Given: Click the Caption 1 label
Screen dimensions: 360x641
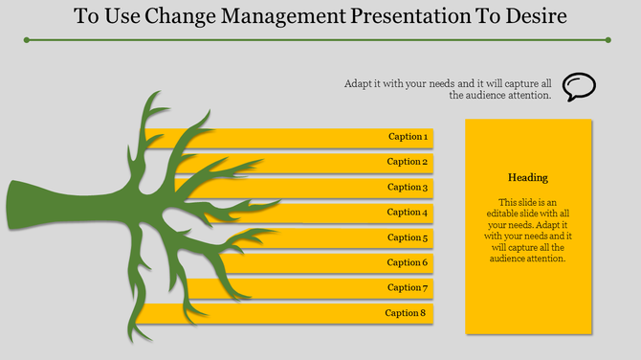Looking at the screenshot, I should [x=407, y=137].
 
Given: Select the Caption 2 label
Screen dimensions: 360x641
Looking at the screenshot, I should [x=407, y=162].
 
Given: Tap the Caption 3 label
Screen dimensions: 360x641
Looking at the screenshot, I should [x=407, y=188].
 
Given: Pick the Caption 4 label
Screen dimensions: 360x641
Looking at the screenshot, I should [x=407, y=213].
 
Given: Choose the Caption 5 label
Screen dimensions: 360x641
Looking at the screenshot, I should [x=407, y=237].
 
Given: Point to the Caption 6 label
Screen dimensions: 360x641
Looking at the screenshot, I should [x=407, y=262].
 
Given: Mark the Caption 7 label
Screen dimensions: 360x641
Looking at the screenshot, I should [x=407, y=287].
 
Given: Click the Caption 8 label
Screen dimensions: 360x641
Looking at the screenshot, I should [x=405, y=313].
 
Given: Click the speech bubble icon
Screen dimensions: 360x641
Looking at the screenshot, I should [x=579, y=87].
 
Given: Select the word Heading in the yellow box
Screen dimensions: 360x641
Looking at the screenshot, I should [x=528, y=178].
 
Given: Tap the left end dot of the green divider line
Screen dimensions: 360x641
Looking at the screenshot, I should [x=27, y=40].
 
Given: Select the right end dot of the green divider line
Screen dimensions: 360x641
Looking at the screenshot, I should [x=608, y=40].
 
